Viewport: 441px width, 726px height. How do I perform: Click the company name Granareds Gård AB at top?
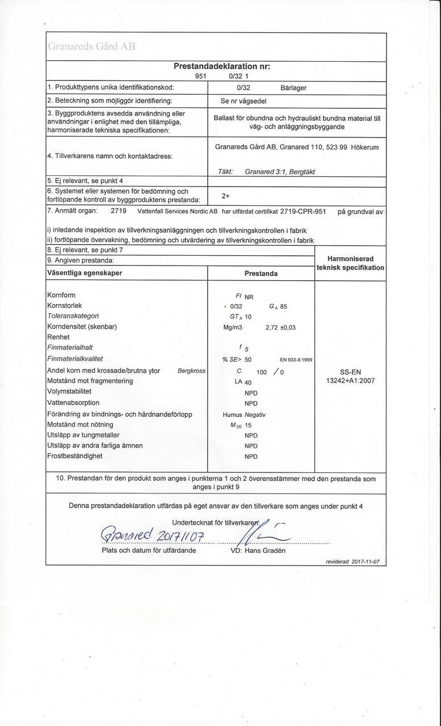pos(91,47)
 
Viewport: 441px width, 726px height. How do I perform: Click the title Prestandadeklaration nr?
pos(222,66)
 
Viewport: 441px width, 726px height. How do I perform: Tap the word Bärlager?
pos(293,87)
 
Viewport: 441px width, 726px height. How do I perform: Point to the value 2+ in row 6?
pos(225,196)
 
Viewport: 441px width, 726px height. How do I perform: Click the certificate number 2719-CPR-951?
pos(303,212)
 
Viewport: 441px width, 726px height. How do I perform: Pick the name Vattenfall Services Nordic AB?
pos(178,212)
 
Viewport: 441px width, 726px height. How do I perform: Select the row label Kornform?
pos(61,295)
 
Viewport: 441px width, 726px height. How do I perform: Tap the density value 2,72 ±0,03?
pos(280,327)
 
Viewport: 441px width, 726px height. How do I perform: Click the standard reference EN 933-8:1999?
pos(296,360)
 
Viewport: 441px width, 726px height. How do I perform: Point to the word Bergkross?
pos(191,370)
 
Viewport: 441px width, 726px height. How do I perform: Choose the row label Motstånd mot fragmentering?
pos(90,381)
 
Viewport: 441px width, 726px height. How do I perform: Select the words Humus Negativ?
pos(245,415)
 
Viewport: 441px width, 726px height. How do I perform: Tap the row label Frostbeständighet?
pos(74,456)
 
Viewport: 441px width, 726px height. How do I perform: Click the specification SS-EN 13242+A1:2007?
pos(350,376)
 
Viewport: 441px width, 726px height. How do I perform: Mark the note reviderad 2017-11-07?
pos(352,561)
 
